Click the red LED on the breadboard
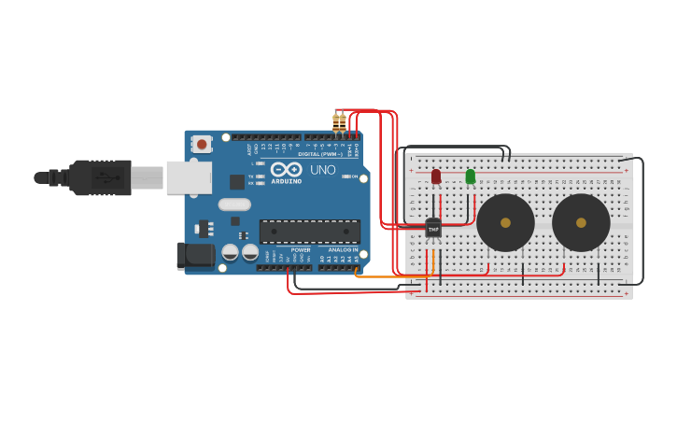436,176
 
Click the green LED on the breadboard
470,176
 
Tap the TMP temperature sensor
433,227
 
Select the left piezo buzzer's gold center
505,222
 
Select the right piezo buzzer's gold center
581,222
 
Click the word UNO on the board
322,170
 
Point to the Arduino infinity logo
287,169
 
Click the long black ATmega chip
309,232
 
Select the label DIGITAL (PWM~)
320,153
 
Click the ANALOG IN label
340,250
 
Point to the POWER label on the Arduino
301,250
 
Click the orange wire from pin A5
392,277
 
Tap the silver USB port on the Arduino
189,176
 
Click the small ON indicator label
356,176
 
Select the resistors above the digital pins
339,122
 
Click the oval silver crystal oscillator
234,204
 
